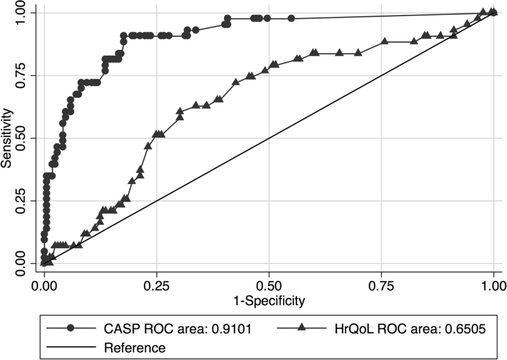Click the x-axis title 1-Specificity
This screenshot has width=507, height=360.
coord(269,300)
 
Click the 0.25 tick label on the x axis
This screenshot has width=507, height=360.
coord(156,284)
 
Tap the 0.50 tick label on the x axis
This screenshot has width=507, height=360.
coord(269,284)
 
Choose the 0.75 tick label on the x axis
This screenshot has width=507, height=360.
coord(381,284)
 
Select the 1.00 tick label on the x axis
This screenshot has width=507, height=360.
coord(493,284)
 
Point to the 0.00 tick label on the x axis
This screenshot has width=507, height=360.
coord(44,284)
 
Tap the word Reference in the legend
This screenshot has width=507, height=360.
coord(134,348)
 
